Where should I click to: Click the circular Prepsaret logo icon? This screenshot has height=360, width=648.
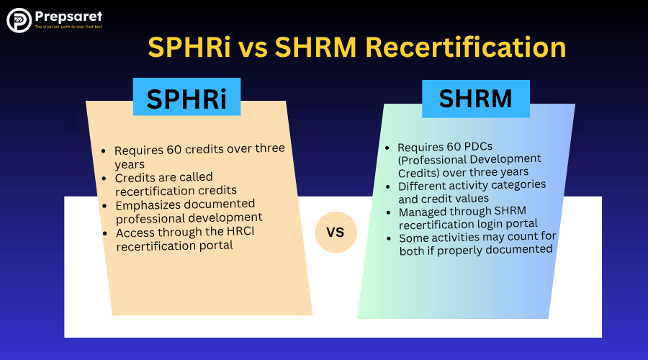tap(19, 20)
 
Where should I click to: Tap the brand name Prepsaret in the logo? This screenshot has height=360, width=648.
tap(68, 17)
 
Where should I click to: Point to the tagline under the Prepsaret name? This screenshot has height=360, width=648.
tap(68, 27)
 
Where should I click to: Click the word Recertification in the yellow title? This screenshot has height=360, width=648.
tap(466, 47)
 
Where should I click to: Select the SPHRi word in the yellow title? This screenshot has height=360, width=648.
tap(189, 47)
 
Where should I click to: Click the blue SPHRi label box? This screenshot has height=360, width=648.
tap(186, 96)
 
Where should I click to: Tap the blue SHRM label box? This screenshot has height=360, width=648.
tap(476, 99)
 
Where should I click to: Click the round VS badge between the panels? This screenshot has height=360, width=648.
tap(336, 233)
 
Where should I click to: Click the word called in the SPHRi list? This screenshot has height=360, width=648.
tap(199, 177)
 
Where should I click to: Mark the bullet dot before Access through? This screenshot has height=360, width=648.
tap(105, 234)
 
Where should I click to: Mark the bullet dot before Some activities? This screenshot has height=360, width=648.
tap(389, 239)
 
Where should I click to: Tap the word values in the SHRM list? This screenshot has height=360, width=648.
tap(473, 199)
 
